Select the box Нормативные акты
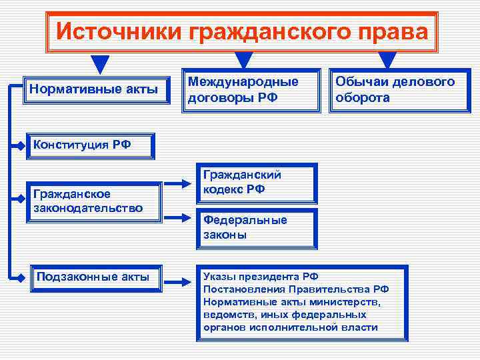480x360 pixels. click(x=95, y=89)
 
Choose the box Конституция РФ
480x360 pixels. click(x=91, y=145)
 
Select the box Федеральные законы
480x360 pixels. click(x=256, y=227)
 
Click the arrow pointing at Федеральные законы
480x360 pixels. click(x=177, y=218)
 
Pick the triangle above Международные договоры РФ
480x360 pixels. click(x=245, y=60)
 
